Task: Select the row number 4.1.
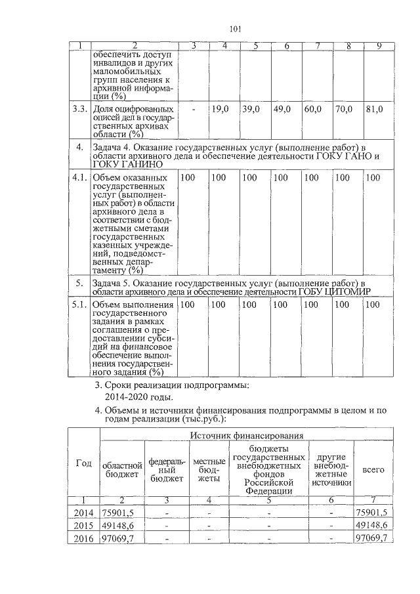79,177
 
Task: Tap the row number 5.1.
79,305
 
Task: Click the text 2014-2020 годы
138,398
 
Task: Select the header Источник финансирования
247,435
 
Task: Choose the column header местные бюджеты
209,469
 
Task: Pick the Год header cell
83,463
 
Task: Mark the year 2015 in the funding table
83,526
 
